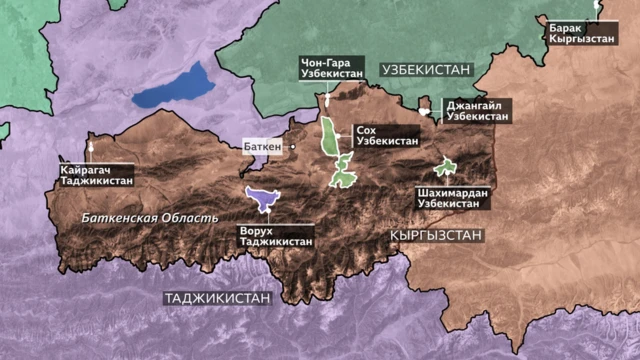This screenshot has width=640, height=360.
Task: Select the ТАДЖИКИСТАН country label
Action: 218,298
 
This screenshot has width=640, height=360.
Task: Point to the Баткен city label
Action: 262,146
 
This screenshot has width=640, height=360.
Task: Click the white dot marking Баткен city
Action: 293,146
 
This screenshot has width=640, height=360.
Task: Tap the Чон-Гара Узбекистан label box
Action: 328,68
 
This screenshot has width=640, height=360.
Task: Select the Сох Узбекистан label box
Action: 385,136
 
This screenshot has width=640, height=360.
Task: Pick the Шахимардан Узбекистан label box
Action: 447,196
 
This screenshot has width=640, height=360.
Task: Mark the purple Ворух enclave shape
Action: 262,201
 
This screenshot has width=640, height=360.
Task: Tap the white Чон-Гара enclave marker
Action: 326,102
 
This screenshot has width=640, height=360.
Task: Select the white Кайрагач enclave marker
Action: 91,148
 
